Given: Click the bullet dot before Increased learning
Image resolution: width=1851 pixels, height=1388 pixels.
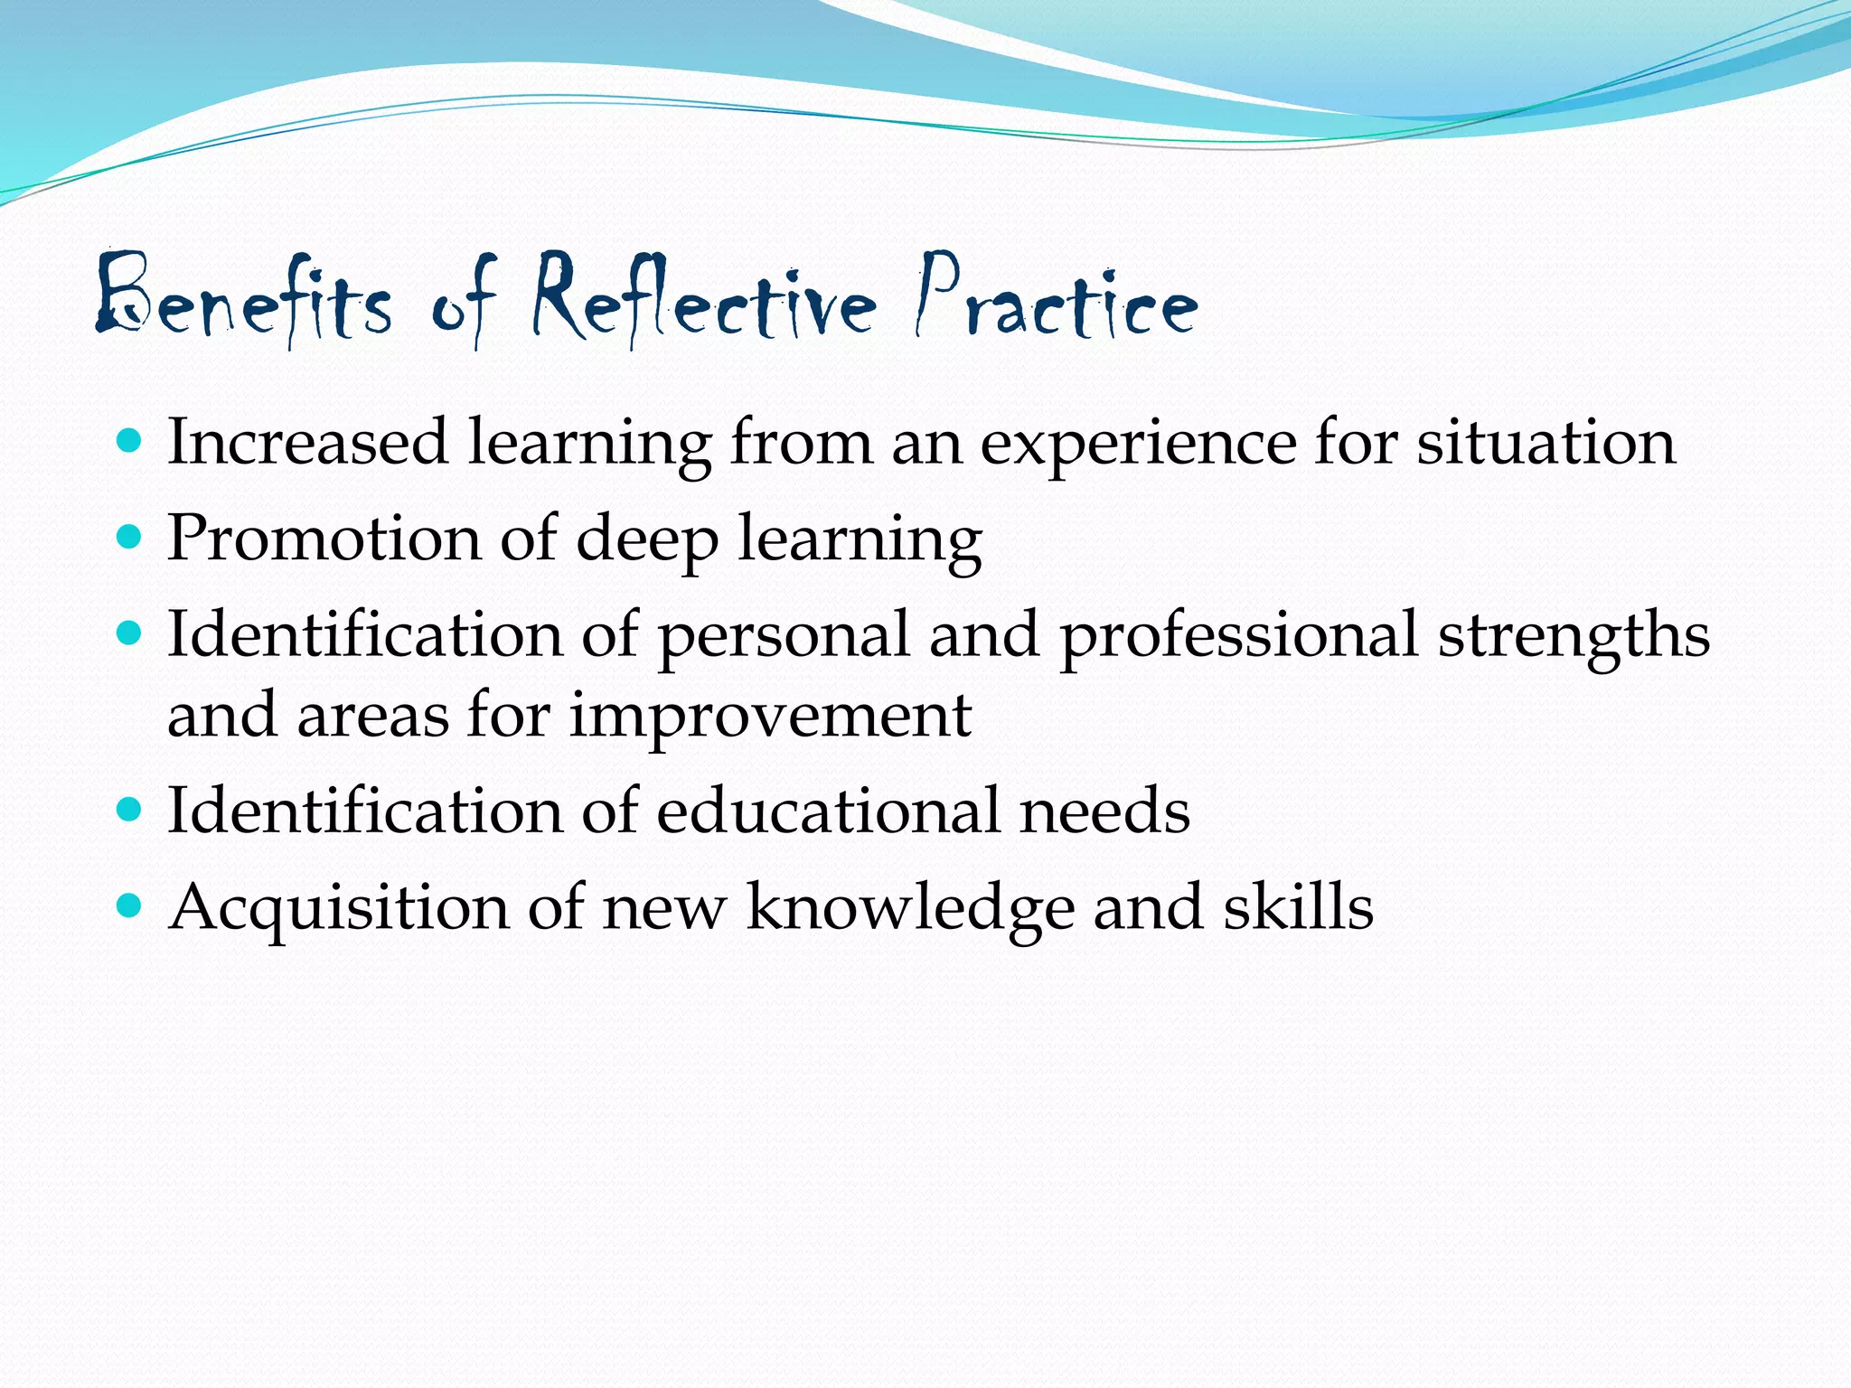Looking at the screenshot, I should click(130, 441).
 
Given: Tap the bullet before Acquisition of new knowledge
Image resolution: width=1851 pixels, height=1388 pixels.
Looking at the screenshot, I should click(130, 905).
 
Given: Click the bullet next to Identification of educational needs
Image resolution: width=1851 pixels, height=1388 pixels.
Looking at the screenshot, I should click(130, 809).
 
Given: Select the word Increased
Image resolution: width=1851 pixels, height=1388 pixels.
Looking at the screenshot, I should click(307, 443).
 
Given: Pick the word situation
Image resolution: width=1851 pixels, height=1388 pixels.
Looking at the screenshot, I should click(1546, 443).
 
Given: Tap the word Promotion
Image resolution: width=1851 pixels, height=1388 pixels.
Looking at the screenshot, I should click(324, 539).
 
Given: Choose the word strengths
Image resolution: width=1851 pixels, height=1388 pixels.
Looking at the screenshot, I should click(1574, 636).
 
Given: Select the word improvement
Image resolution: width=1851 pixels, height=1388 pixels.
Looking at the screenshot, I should click(770, 717).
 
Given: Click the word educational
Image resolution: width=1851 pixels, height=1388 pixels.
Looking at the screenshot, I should click(828, 811).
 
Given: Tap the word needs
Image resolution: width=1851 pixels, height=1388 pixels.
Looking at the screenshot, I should click(1104, 811).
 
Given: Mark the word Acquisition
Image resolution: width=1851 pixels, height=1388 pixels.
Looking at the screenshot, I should click(339, 908).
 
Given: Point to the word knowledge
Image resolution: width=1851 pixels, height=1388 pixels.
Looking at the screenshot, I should click(910, 908).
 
